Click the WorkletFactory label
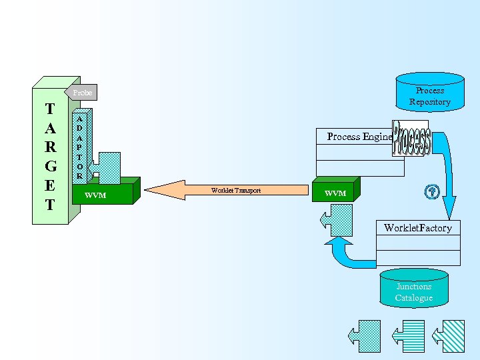click(417, 228)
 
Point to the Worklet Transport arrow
click(227, 191)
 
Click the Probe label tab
click(83, 93)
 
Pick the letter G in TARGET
click(50, 165)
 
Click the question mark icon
click(431, 192)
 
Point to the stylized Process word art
click(411, 139)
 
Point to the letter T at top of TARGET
click(50, 109)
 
